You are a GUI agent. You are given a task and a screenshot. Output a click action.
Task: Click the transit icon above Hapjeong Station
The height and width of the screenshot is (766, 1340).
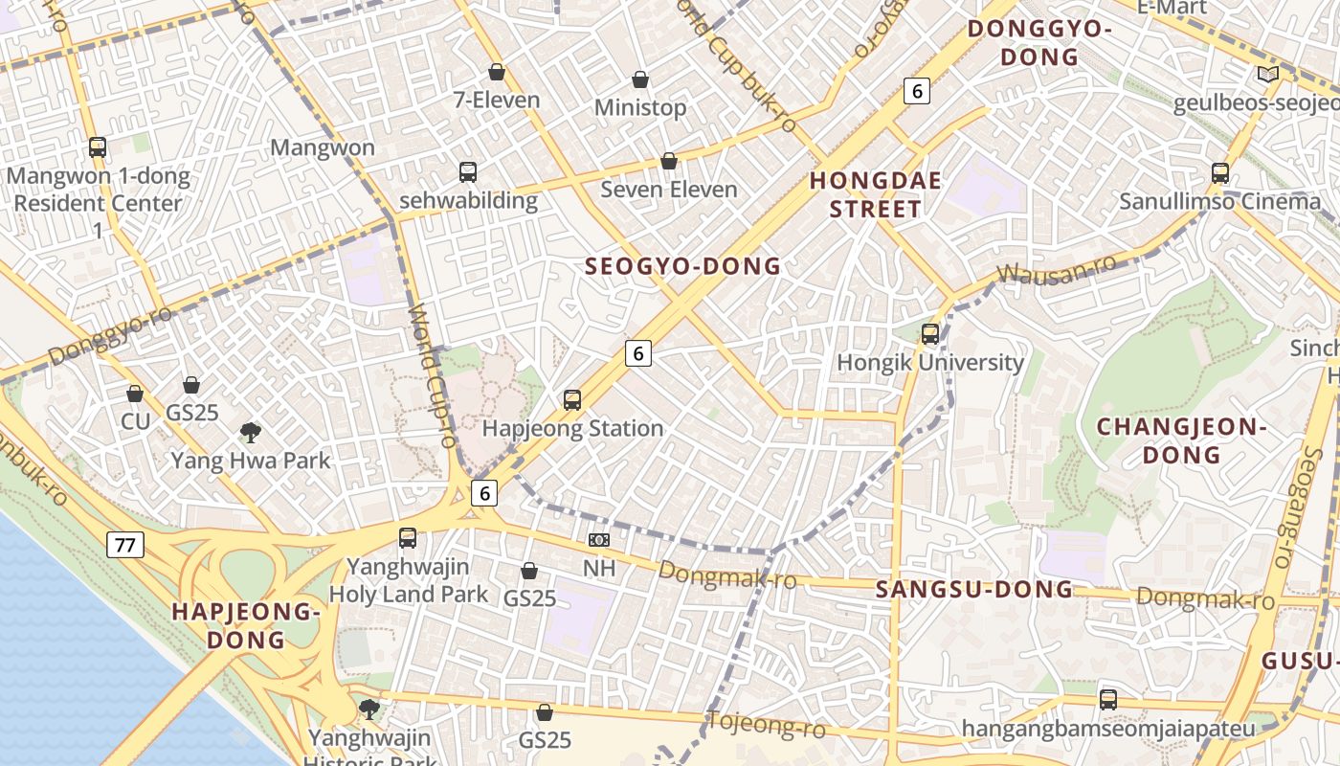(572, 400)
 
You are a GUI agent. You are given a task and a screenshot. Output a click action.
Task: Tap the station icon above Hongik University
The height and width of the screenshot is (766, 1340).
(930, 334)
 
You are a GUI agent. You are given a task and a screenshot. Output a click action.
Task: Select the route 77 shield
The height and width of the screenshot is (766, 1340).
(124, 546)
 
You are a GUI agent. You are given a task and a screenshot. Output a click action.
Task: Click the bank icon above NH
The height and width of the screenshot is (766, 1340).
(599, 540)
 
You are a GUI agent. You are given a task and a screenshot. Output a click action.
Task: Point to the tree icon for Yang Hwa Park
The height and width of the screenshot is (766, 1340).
(251, 433)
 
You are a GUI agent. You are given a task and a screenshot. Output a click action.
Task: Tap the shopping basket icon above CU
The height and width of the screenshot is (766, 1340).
(135, 394)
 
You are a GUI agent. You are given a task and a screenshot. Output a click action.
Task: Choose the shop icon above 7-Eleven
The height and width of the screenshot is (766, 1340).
(497, 72)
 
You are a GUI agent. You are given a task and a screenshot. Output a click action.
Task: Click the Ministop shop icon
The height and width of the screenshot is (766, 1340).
(640, 79)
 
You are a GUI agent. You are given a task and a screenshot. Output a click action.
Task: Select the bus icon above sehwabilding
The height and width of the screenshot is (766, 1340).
(468, 172)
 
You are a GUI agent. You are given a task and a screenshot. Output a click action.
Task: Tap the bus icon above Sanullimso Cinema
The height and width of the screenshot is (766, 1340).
(1220, 173)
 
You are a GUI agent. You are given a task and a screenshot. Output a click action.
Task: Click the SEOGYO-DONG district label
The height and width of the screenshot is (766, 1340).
(682, 267)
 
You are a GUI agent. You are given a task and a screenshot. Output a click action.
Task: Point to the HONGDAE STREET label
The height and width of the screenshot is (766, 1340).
(875, 194)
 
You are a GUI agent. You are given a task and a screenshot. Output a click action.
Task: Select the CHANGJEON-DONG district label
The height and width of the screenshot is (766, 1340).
(1181, 440)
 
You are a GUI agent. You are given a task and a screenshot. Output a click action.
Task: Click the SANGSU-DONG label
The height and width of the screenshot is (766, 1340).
(974, 589)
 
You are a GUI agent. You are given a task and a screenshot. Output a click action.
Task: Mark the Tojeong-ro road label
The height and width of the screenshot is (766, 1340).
(766, 725)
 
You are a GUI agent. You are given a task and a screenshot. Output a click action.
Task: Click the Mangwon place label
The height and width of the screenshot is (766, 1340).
(323, 147)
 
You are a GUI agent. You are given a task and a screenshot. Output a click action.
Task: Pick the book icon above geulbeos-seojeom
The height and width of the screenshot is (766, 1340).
(1268, 75)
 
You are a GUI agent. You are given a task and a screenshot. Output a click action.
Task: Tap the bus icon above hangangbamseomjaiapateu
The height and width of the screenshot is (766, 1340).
(1108, 700)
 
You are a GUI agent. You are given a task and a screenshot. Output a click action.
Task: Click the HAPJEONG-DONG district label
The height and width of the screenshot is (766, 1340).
(245, 625)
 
